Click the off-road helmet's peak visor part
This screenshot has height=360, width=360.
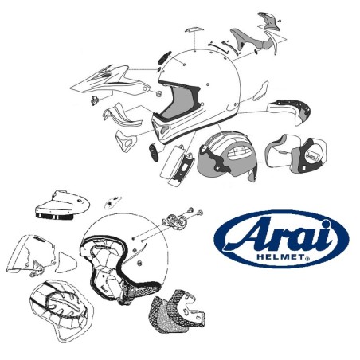(x=103, y=82)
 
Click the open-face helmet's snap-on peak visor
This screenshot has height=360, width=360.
(x=61, y=205)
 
